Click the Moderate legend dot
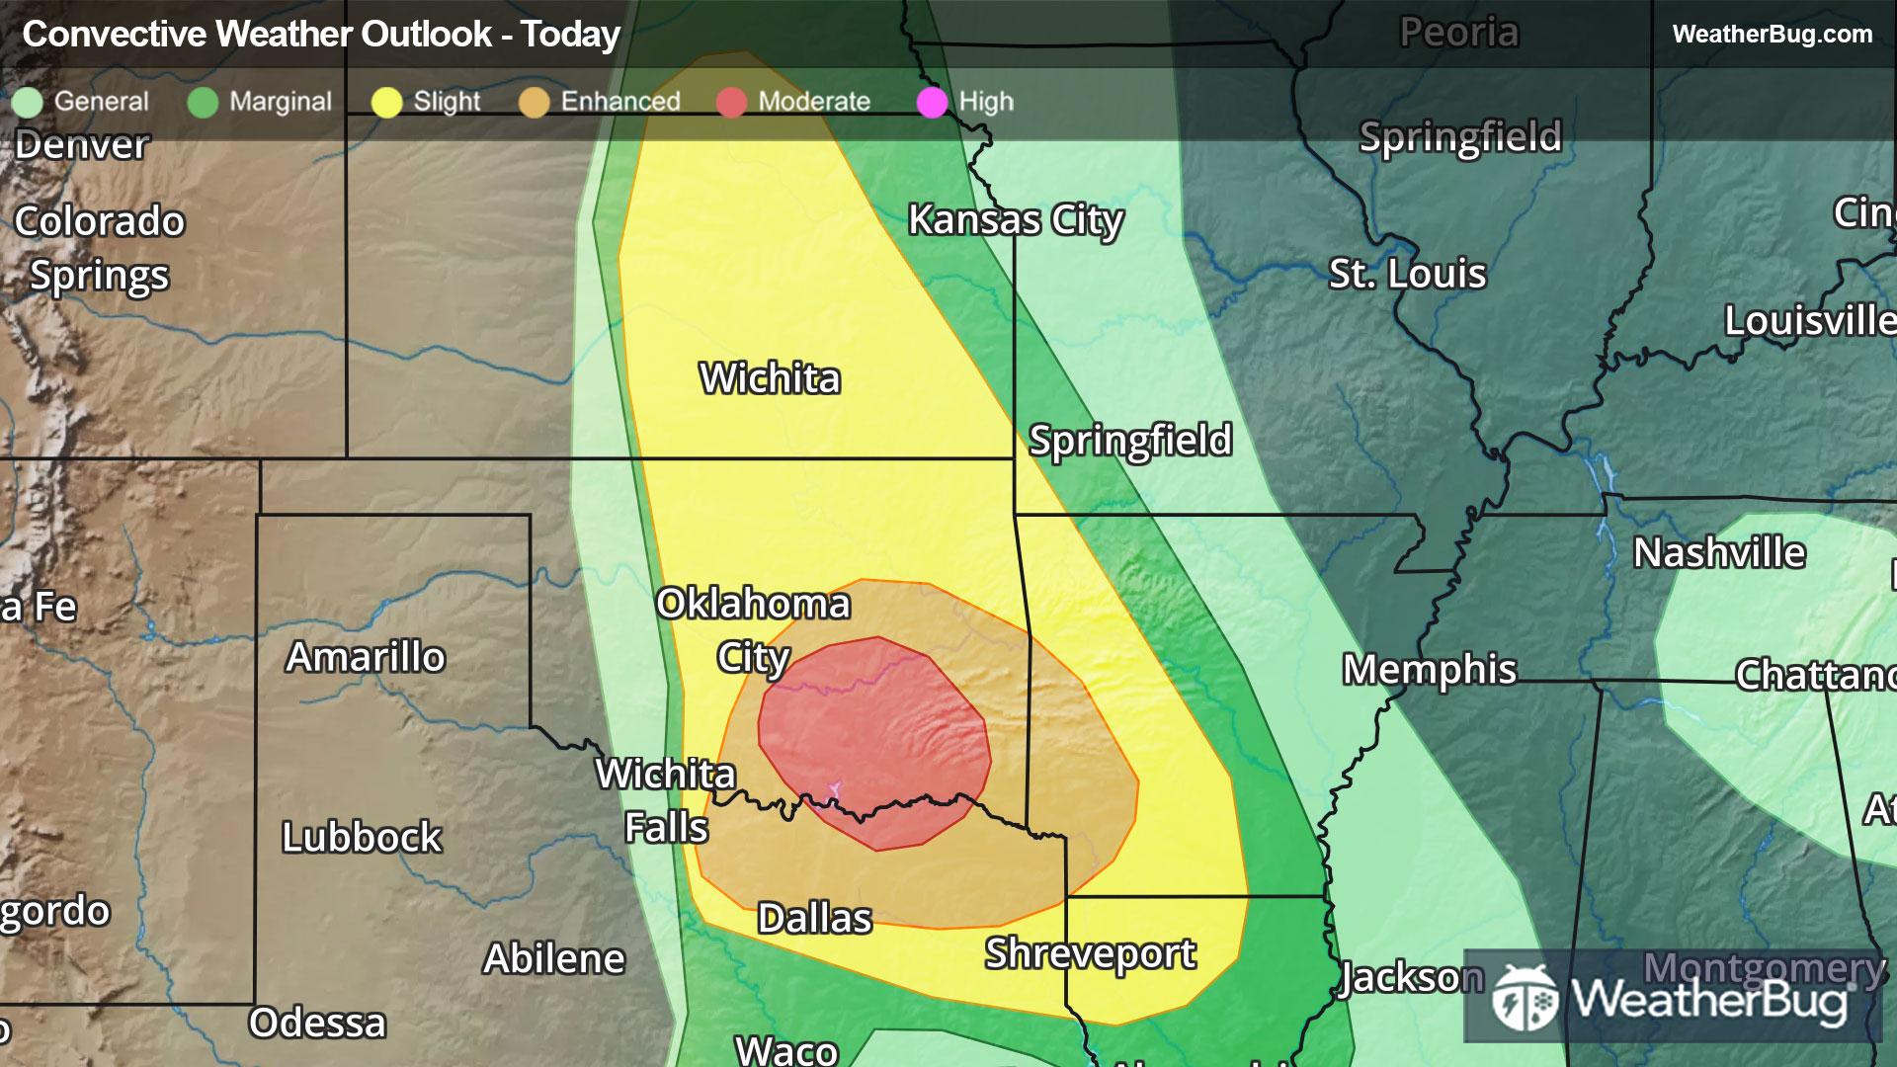731,102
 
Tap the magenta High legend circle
932,102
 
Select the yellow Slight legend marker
386,102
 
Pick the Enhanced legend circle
534,102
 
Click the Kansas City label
1015,220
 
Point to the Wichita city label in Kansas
770,378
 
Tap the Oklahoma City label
753,629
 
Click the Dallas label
814,919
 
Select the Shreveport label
1090,954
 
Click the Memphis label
1429,670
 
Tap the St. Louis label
1407,274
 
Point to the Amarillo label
366,657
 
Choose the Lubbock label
362,838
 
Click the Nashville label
1718,553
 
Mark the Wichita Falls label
666,800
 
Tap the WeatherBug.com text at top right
1772,35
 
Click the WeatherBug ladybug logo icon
1526,998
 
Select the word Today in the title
570,35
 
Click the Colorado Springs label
99,248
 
